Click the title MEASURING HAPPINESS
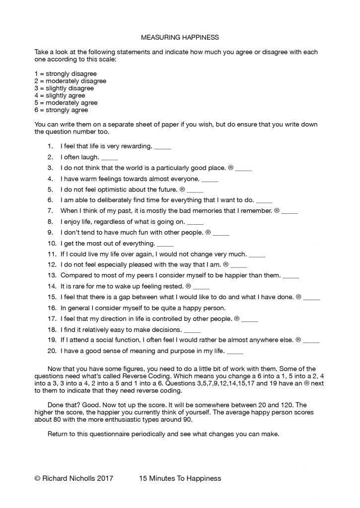pyautogui.click(x=180, y=37)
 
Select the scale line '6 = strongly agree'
pyautogui.click(x=61, y=110)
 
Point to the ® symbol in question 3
pyautogui.click(x=231, y=168)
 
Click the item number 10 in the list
pyautogui.click(x=51, y=244)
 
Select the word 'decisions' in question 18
pyautogui.click(x=165, y=330)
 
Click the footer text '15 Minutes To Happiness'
pyautogui.click(x=180, y=478)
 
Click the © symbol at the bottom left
pyautogui.click(x=37, y=478)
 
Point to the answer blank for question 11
pyautogui.click(x=257, y=254)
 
